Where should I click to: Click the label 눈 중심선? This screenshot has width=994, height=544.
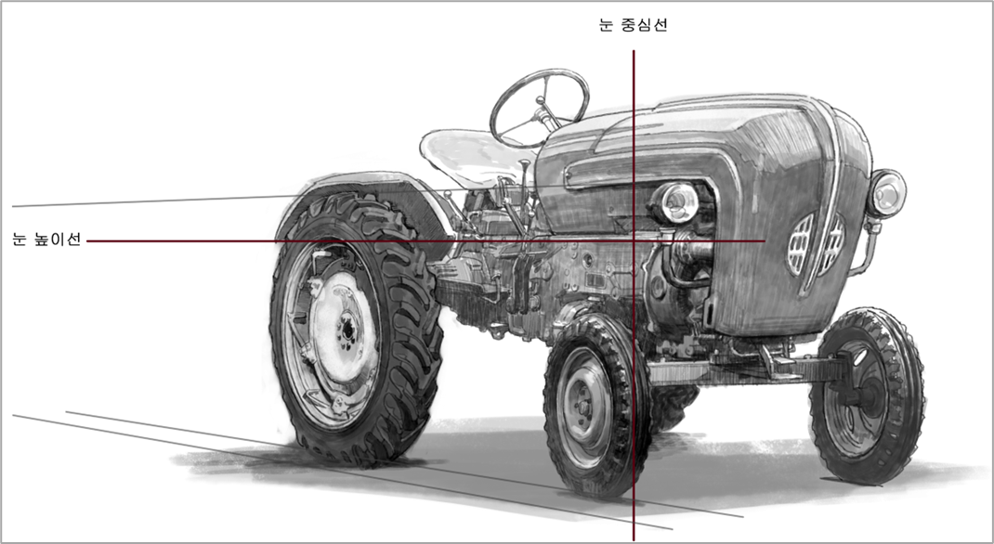click(633, 25)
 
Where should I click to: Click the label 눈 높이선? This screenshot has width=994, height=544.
click(46, 240)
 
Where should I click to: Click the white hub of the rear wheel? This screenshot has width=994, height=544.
click(345, 327)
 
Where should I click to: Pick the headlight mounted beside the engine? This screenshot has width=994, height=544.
click(676, 202)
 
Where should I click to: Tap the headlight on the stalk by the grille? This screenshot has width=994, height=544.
click(887, 193)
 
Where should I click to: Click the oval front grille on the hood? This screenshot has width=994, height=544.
click(816, 244)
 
